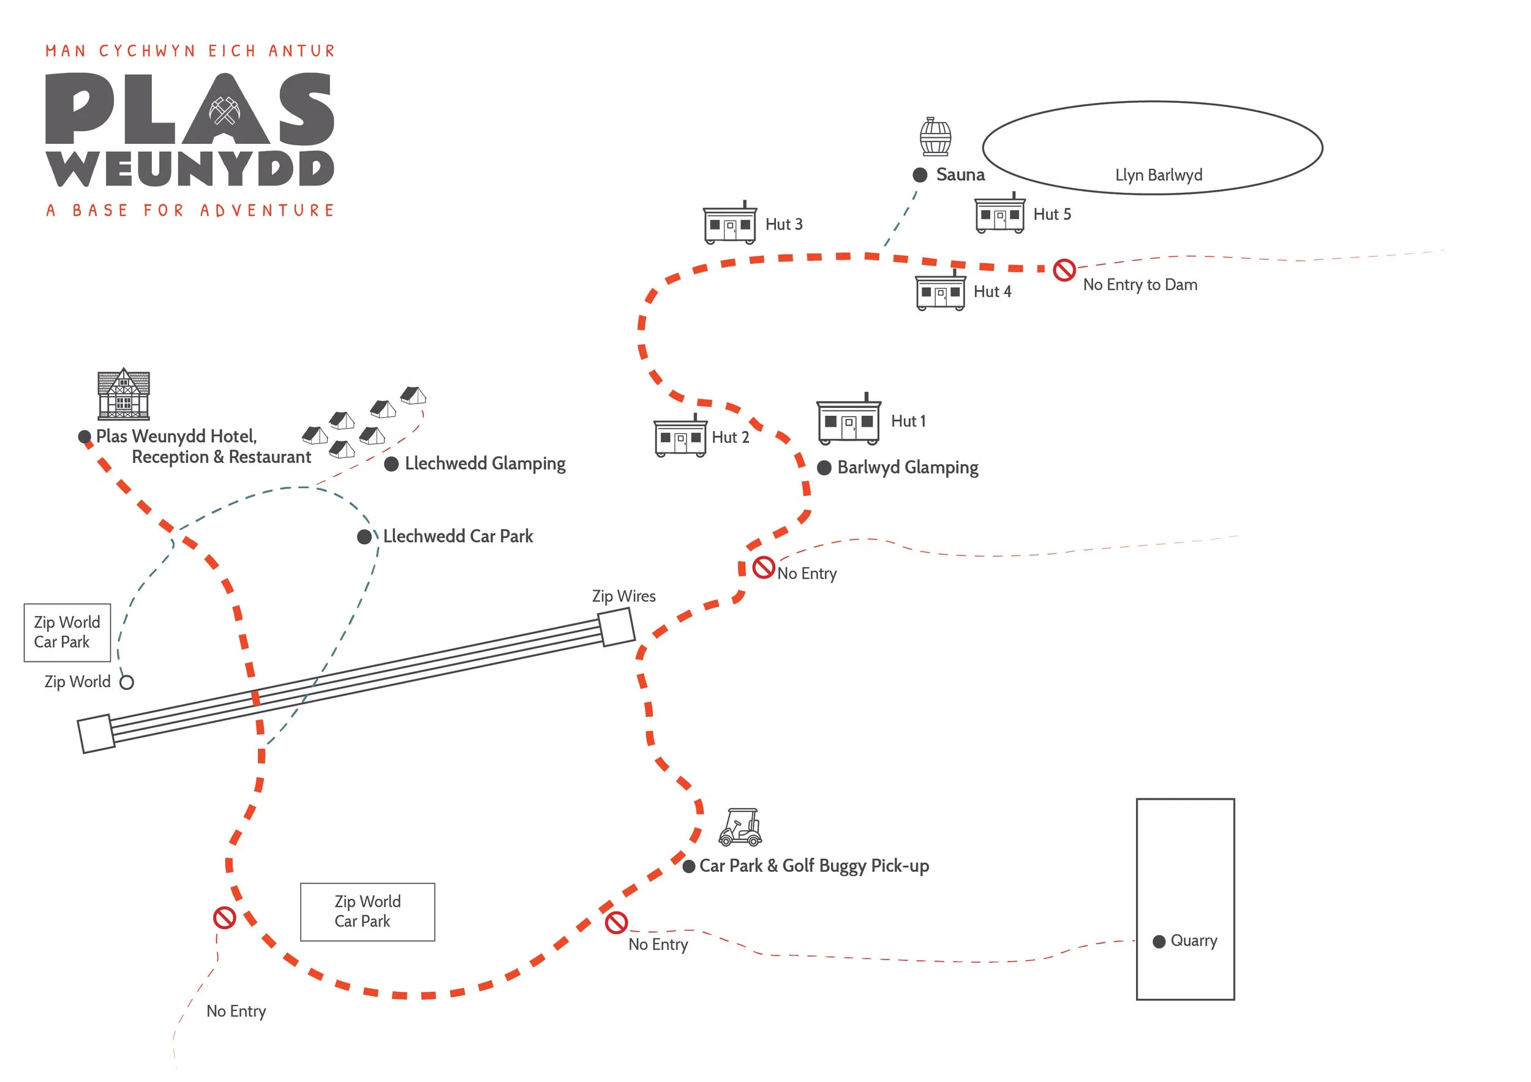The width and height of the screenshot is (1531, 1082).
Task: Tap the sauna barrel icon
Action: point(935,137)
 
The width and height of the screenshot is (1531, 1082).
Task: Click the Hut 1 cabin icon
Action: point(848,421)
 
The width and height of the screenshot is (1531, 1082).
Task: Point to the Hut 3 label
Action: point(783,225)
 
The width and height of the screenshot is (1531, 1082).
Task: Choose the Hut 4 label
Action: point(992,292)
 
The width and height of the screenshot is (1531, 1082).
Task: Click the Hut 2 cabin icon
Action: point(680,437)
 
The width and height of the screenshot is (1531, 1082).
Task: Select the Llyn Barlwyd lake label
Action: point(1159,175)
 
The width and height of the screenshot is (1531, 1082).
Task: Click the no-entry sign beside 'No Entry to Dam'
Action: point(1064,270)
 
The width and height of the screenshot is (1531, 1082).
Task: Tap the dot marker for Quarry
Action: point(1159,941)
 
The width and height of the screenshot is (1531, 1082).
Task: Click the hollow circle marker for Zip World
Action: point(127,682)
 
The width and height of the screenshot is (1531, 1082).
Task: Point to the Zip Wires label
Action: point(623,596)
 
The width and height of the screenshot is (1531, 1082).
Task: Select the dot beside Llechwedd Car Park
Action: point(364,536)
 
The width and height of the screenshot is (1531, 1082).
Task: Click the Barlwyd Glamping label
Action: point(908,467)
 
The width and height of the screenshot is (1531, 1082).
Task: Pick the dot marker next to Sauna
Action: point(920,175)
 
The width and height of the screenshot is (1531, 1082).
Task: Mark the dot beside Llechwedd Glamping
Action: point(391,464)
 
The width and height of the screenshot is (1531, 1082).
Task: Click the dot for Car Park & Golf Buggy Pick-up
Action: point(689,866)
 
